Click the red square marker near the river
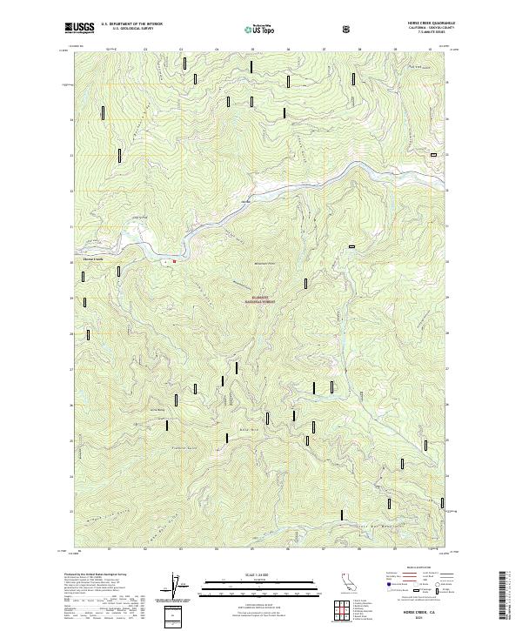[x=174, y=260]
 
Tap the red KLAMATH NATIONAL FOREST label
[x=261, y=298]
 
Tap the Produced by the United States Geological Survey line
[x=100, y=575]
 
